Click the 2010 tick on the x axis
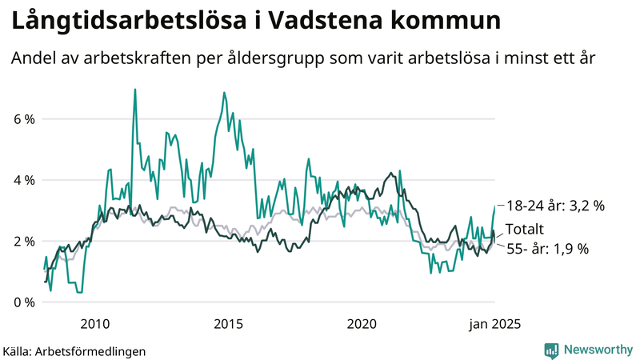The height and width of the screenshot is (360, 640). pos(94,324)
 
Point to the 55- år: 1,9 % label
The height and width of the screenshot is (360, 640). pos(548,249)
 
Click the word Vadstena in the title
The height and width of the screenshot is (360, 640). pos(330,22)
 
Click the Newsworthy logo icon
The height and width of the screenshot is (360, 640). pos(551,350)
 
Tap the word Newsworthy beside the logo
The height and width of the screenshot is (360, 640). pos(596,350)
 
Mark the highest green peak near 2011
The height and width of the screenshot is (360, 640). pos(134,90)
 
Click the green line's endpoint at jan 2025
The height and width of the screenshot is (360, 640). pos(494,206)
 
